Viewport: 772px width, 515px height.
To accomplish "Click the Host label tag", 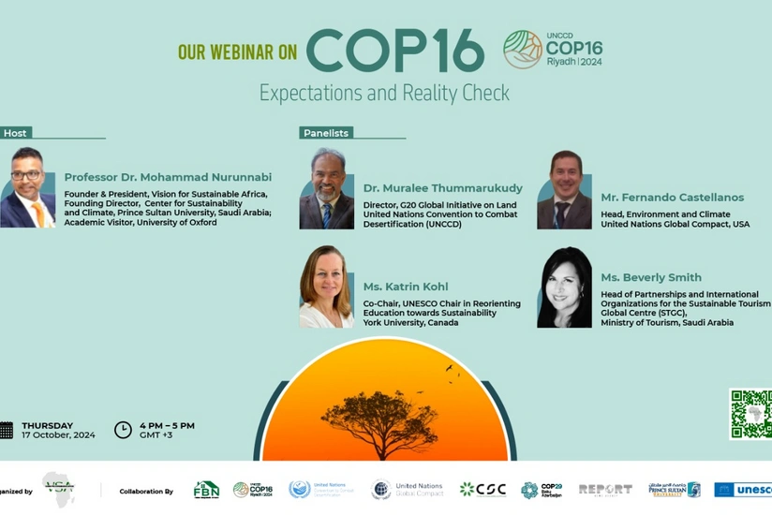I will click(15, 133).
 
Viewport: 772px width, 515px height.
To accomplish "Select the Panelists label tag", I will click(326, 133).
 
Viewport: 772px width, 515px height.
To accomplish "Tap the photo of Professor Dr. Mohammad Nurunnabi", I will click(27, 187).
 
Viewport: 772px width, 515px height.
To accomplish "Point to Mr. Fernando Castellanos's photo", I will click(564, 189).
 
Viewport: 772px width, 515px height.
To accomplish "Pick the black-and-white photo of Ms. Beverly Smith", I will click(564, 287).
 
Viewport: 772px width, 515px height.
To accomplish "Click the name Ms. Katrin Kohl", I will click(406, 287).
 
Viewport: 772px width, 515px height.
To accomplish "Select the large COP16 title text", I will click(394, 51).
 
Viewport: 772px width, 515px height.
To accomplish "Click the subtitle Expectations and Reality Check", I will click(384, 93).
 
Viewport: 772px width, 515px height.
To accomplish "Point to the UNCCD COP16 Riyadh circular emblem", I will click(523, 49).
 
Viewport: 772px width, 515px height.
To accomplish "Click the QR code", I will click(751, 414).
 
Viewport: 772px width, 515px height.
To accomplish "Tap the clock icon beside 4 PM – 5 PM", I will click(123, 430).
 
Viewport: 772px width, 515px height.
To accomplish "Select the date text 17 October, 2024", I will click(58, 435).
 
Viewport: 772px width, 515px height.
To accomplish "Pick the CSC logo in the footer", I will click(482, 489).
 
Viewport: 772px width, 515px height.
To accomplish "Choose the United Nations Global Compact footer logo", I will click(408, 489).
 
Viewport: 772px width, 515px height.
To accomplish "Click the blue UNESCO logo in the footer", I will click(744, 489).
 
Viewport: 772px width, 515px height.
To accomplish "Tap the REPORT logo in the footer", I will click(604, 489).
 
